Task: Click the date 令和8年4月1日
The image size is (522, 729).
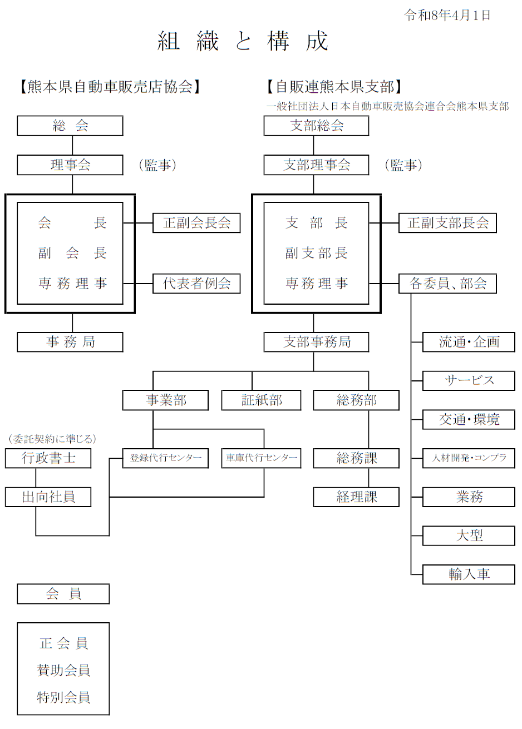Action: tap(447, 15)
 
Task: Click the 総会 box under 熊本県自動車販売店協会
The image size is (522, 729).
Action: tap(70, 126)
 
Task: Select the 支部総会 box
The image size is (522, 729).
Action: tap(316, 126)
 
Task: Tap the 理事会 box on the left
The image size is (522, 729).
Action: tap(70, 165)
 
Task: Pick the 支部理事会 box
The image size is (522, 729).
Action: tap(316, 165)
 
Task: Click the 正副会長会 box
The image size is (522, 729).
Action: tap(196, 223)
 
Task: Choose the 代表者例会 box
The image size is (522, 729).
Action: tap(196, 284)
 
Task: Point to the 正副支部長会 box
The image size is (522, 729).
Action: tap(447, 223)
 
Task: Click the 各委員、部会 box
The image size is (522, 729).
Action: tap(447, 284)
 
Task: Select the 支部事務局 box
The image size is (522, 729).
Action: tap(316, 342)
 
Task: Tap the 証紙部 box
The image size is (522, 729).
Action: tap(261, 400)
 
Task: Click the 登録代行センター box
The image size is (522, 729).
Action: tap(165, 458)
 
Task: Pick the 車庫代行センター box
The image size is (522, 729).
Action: tap(261, 458)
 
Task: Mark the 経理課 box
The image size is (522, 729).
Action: tap(356, 497)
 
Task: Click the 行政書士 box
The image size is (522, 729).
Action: tap(48, 458)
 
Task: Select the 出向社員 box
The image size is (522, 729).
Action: tap(48, 497)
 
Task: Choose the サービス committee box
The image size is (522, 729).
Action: tap(469, 381)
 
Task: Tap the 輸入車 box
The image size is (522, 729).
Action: tap(469, 574)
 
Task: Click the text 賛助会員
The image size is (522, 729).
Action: tap(63, 670)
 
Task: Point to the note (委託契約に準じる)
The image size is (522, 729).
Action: tap(52, 439)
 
